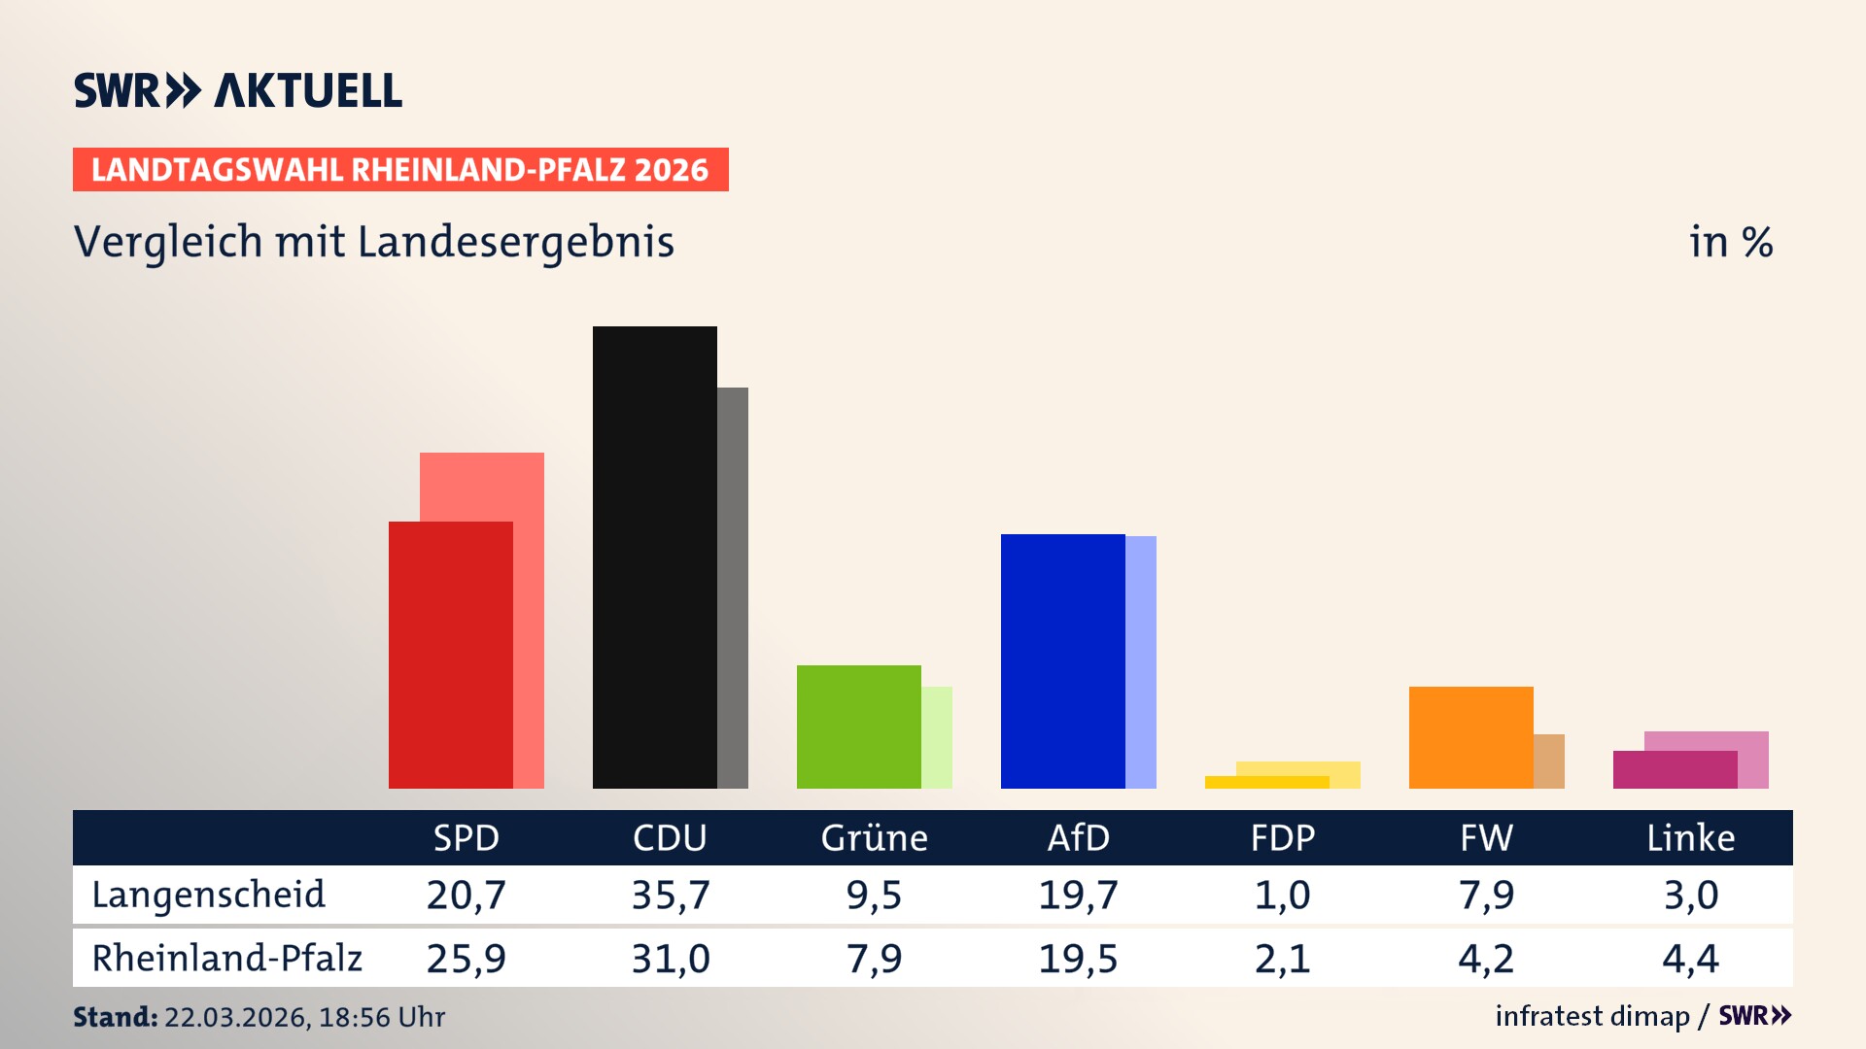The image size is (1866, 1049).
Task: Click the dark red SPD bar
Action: [450, 656]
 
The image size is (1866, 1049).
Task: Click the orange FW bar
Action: [1470, 737]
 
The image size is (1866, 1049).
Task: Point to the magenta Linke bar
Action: [1675, 769]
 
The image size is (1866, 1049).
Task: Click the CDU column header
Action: [670, 837]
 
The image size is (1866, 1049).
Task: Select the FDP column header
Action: [1282, 837]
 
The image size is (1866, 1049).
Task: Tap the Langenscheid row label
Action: [208, 895]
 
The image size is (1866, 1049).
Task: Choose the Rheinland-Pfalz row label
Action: [226, 958]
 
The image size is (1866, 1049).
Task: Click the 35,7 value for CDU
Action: [671, 895]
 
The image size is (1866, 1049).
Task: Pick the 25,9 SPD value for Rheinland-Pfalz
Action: [466, 959]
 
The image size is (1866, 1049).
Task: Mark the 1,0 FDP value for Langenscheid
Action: [1282, 895]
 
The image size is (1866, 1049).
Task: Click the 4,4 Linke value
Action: [1690, 959]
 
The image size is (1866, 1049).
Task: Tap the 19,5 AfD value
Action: [1078, 959]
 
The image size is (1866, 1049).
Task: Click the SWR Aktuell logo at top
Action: [237, 90]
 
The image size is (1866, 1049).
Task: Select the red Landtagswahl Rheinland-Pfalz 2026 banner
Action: [400, 170]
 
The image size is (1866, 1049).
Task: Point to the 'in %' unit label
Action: [1730, 242]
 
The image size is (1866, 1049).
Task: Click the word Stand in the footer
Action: [115, 1017]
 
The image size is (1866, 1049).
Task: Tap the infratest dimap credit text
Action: [1592, 1016]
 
